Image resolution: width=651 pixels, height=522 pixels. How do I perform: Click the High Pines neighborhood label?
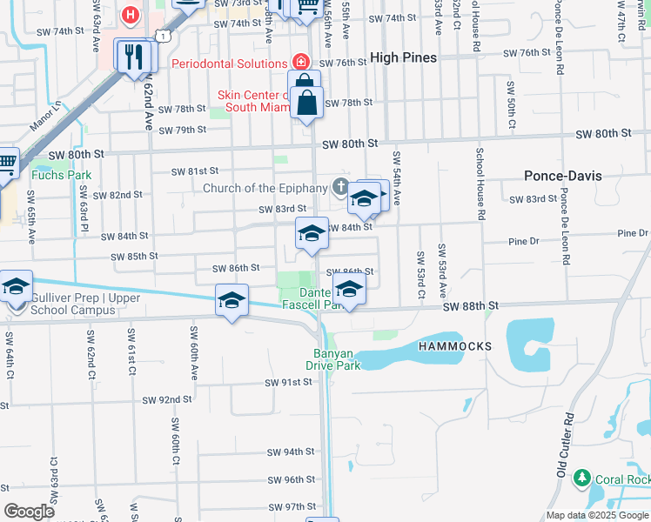403,57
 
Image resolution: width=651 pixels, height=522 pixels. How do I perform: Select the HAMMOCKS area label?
454,346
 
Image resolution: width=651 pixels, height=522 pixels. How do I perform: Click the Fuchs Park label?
61,174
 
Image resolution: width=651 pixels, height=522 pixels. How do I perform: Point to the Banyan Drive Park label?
338,359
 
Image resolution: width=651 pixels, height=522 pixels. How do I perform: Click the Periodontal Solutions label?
229,63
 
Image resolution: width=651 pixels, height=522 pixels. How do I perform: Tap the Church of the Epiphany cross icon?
339,187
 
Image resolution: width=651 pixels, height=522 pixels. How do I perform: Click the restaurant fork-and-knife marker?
133,56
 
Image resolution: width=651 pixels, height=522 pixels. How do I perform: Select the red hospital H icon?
131,14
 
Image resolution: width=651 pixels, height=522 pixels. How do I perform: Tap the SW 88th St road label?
469,306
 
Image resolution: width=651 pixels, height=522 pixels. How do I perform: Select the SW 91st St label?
289,382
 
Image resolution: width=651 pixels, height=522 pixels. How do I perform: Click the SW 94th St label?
290,452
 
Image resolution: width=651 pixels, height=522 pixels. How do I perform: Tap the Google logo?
29,511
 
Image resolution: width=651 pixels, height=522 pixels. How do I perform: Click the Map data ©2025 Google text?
597,516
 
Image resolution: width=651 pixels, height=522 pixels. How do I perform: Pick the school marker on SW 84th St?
312,233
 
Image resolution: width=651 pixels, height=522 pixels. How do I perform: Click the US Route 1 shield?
163,33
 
